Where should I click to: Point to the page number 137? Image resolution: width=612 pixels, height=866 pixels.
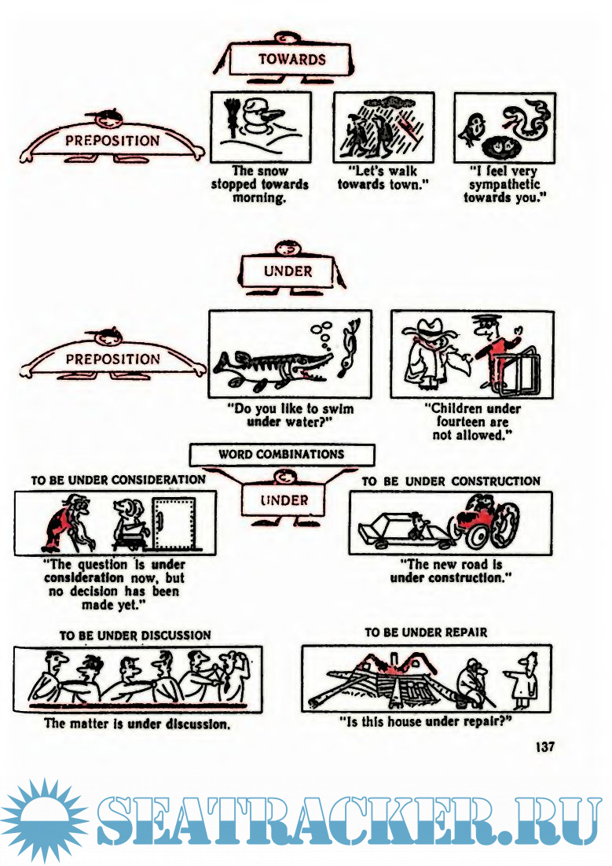544,746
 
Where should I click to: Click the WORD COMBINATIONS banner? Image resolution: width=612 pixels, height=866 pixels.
281,455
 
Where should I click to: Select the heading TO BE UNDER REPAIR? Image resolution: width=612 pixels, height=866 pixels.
426,632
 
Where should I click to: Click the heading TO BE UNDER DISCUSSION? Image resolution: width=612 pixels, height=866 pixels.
135,635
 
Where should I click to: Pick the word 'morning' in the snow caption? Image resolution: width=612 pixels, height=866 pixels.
258,197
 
